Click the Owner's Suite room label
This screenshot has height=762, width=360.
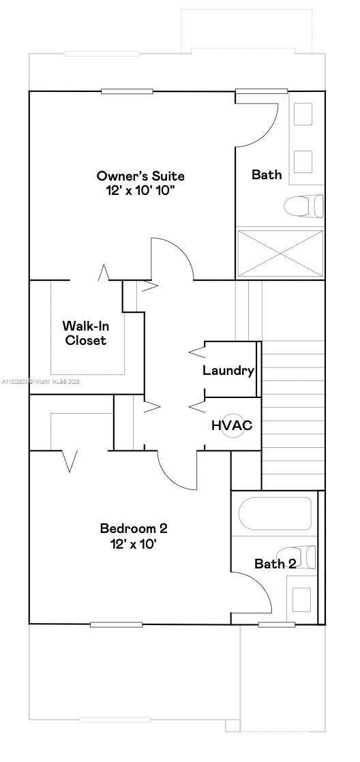tap(140, 176)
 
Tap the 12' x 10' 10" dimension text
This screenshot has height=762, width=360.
tap(140, 190)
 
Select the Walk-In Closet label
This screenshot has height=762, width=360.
tap(85, 333)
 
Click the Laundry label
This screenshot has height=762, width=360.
tap(228, 371)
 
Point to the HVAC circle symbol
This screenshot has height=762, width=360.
tap(232, 425)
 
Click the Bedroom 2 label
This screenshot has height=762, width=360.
tap(134, 528)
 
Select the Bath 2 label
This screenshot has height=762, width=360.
tap(275, 564)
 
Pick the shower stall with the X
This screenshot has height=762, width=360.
tap(280, 253)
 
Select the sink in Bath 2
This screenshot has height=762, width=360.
tap(302, 598)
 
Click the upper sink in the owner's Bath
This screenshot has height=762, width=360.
tap(303, 113)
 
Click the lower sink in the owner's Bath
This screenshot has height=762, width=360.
tap(303, 162)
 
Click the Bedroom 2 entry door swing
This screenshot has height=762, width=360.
tap(179, 471)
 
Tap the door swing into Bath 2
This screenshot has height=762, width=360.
tap(256, 592)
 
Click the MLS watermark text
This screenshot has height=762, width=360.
tap(42, 382)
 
